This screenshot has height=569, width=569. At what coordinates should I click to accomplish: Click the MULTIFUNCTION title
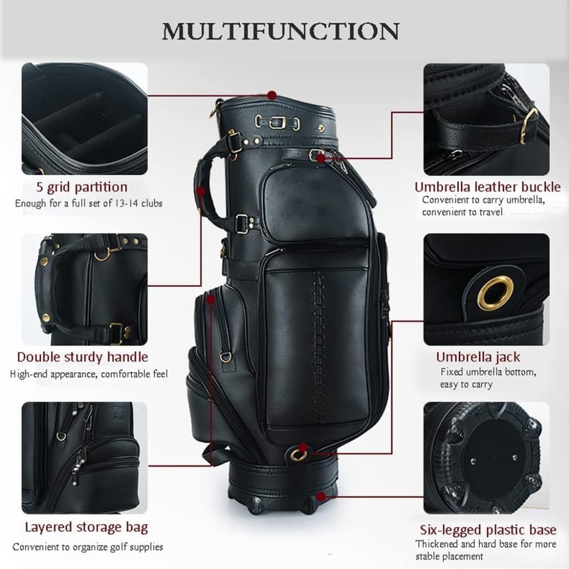280,32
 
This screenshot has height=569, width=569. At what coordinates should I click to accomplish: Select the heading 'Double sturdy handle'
82,357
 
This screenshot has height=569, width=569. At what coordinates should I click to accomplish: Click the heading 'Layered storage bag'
86,527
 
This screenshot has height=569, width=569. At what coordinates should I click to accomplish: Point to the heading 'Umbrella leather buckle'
487,187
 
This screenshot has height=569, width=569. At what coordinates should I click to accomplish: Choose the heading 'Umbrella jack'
478,357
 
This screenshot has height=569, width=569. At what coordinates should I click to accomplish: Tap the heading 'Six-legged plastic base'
488,530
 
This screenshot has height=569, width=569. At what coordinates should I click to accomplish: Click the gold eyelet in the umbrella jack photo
495,292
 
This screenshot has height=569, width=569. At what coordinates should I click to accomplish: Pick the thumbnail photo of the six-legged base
486,458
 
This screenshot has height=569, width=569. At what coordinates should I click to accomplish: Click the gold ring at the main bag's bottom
299,455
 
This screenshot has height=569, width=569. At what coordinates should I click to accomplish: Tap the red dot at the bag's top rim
272,95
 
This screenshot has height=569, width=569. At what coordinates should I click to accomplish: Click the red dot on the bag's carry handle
201,192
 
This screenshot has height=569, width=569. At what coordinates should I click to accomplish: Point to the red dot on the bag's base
321,496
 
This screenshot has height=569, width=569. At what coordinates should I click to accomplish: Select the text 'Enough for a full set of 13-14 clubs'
89,203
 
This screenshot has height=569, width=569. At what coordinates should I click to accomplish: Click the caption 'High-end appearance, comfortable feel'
89,374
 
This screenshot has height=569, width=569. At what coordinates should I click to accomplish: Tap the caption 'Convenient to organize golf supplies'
88,547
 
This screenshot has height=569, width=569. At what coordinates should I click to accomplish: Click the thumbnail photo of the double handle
84,289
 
